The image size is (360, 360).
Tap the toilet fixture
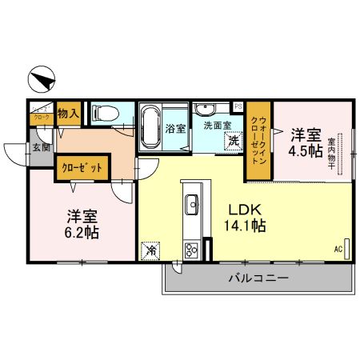pos(105,114)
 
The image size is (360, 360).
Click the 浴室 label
pos(174,127)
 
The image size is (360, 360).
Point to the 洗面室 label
pos(217,125)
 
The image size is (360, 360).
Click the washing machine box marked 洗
pos(234,141)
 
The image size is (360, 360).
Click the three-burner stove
pos(192,249)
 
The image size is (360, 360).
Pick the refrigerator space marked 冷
pos(150,250)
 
